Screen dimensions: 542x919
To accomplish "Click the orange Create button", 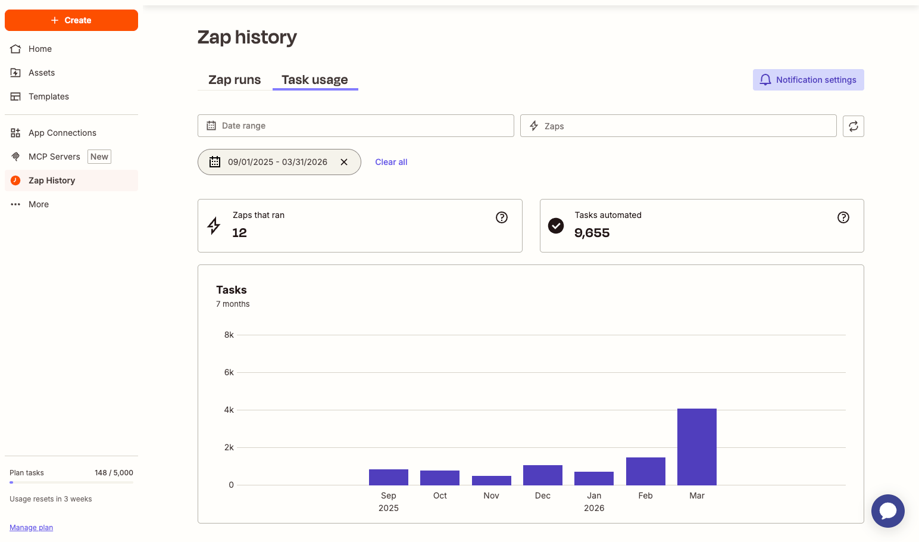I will coord(71,20).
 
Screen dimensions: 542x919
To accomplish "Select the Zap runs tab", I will coord(235,80).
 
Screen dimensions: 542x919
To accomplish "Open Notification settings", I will coord(808,80).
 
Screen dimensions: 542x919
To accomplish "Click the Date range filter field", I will coord(355,126).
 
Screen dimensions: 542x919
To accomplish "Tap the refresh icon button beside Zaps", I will coord(853,126).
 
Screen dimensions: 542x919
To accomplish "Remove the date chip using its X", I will coord(344,162).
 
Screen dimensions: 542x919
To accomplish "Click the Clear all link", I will coord(391,162).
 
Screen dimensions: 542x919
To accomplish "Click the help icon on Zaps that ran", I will coord(502,217).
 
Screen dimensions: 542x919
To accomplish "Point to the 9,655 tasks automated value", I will coord(592,233).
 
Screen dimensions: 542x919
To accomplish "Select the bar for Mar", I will coord(696,447).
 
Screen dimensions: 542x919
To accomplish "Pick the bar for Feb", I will coord(645,471).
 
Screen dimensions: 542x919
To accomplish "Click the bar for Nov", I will coord(491,480).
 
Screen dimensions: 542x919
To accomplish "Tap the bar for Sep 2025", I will coord(388,477).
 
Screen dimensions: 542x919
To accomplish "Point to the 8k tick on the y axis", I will coord(229,335).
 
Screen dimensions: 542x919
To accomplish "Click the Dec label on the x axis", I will coord(542,496).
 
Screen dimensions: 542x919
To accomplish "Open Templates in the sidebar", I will coord(49,96).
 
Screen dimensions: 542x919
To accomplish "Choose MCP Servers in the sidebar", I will coord(54,157).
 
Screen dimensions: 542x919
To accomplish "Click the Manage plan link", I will coord(32,528).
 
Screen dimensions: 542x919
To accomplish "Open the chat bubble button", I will coord(887,510).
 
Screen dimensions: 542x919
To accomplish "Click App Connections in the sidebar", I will coord(62,133).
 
